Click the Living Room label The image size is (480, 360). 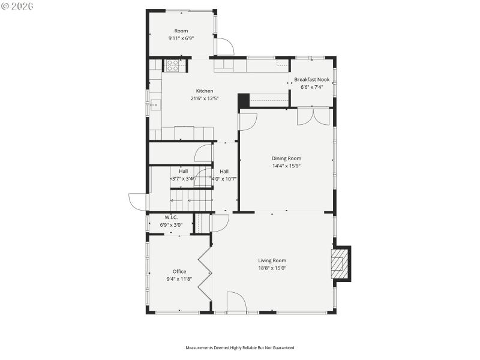point(272,260)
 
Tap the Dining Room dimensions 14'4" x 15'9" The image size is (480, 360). point(286,166)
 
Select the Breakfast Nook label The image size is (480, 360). point(311,80)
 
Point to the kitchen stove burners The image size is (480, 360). point(173,65)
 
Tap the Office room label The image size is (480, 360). point(179,271)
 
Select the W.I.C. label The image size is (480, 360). point(170,217)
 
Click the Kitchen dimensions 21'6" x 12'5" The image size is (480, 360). point(204,98)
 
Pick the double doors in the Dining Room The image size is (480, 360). point(313,116)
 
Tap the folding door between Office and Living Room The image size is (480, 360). point(206,276)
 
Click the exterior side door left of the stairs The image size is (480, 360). point(138,202)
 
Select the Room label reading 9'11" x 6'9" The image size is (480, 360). point(181,38)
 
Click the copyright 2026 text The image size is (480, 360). point(17,5)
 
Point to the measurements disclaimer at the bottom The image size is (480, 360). point(239,347)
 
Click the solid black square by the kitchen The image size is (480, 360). point(243,101)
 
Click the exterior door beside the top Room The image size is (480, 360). point(225,47)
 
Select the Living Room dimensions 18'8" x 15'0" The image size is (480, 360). point(272,268)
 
